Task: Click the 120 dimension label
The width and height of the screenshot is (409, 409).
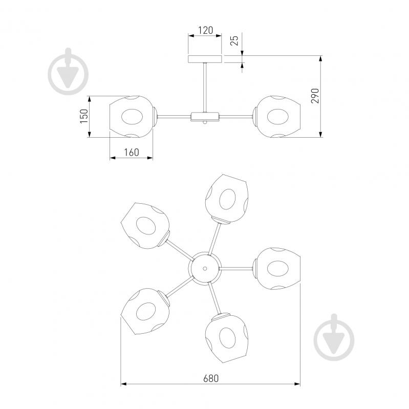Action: pos(206,31)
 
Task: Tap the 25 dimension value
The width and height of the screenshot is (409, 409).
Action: pos(235,40)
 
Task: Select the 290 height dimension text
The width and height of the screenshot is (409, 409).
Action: pos(315,96)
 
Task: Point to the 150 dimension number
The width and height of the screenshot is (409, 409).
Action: pos(84,116)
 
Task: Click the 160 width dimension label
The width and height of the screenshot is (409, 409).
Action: pos(132,153)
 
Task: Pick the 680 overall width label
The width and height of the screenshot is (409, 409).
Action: pos(211,378)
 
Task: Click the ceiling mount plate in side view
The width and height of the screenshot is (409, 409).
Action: pos(205,59)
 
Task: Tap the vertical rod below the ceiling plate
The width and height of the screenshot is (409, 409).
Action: pos(205,88)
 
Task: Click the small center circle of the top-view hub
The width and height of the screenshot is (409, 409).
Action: pos(205,268)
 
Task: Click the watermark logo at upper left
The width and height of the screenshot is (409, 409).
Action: pos(69,72)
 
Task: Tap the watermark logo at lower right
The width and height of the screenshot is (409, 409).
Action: pos(334,337)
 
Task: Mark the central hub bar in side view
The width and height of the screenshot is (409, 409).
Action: pos(205,117)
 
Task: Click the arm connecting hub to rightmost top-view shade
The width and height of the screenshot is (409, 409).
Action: pos(236,268)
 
